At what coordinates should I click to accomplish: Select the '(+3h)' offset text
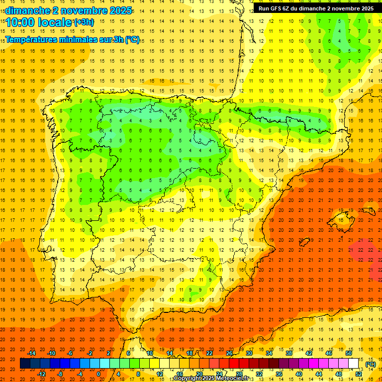coord(83,22)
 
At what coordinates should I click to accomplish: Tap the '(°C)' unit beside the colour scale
coord(371,364)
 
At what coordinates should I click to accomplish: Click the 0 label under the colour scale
coord(98,374)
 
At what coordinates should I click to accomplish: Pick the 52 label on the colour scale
coord(359,374)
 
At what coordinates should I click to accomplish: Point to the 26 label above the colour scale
coord(229,353)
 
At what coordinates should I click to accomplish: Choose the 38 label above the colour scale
coord(289,353)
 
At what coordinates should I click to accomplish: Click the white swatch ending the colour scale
coord(354,364)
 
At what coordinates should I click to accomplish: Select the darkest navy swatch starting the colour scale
coord(25,364)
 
